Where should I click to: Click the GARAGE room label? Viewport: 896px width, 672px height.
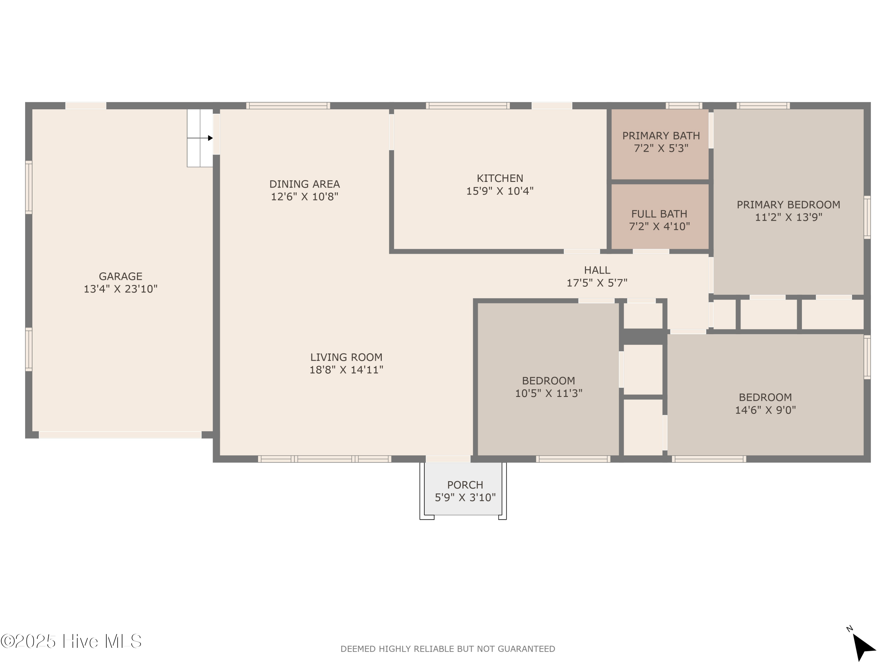120,276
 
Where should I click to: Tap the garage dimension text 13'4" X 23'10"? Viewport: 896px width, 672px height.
120,289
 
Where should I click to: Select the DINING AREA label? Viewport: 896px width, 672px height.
304,184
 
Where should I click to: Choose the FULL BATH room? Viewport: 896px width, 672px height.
659,219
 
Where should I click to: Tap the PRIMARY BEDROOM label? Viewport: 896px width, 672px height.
788,205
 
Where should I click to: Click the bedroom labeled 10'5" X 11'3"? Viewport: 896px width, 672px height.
548,387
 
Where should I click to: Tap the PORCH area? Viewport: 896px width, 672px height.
465,491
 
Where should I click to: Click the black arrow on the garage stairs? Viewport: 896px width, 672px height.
210,138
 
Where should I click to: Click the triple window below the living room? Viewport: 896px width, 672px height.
324,459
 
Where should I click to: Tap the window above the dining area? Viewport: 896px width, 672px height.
288,106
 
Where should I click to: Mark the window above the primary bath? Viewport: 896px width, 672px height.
683,106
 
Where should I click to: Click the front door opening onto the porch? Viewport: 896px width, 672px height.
448,459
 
